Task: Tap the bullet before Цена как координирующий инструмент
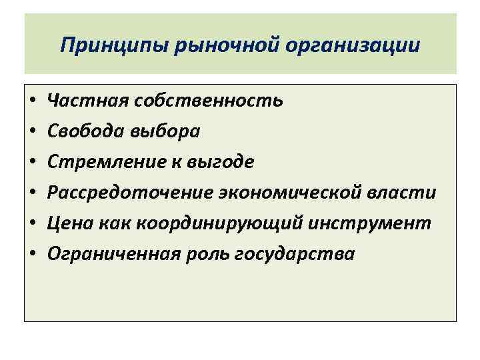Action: tap(33, 224)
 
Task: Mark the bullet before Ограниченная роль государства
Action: tap(33, 255)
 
